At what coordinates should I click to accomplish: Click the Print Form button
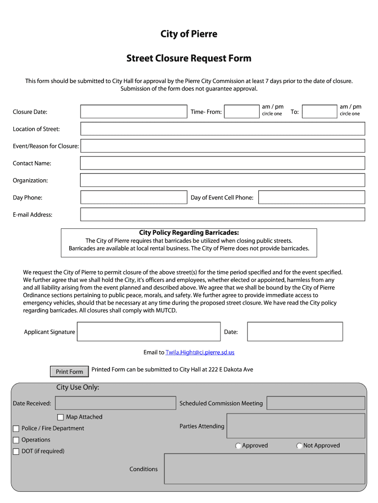tap(69, 371)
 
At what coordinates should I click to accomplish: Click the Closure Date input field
tap(134, 112)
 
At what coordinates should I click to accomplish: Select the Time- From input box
tap(241, 112)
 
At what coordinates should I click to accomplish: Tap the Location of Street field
tap(222, 129)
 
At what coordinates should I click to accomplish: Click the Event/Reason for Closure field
tap(222, 146)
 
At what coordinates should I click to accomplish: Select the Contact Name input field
tap(222, 163)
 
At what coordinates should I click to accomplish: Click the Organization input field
tap(222, 180)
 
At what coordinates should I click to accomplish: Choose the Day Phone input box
tap(134, 197)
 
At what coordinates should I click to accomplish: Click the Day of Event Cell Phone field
tap(311, 197)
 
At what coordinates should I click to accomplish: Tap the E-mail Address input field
tap(222, 215)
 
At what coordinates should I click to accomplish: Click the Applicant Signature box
tap(149, 332)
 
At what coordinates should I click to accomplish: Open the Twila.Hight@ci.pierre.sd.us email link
tap(200, 352)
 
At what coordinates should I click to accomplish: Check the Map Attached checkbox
tap(60, 417)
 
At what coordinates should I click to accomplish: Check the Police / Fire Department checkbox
tap(16, 428)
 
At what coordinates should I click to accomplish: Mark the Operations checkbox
tap(16, 440)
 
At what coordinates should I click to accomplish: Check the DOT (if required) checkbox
tap(16, 451)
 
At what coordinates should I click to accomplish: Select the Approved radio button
tap(238, 446)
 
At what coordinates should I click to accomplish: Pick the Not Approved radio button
tap(299, 446)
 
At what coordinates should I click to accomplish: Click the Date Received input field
tap(115, 403)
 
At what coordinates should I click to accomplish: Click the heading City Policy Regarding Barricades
tap(189, 233)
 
